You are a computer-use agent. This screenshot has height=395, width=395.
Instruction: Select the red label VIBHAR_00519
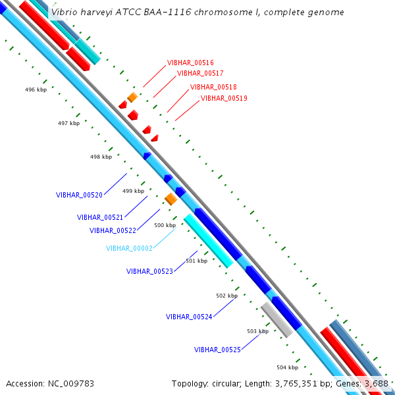point(224,98)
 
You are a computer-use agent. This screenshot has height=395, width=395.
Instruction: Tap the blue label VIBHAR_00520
point(79,195)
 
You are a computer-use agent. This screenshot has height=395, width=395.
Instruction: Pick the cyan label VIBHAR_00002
point(129,248)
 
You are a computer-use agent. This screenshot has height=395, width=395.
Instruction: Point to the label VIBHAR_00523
point(149,271)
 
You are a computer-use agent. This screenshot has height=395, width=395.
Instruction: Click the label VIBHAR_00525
point(217,350)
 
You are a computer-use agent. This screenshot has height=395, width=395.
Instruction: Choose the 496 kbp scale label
point(36,90)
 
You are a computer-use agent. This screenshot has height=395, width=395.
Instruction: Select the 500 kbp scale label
point(165,225)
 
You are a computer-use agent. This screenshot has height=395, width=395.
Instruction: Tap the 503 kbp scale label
point(257,331)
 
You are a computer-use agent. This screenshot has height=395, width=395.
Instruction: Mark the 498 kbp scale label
point(101,157)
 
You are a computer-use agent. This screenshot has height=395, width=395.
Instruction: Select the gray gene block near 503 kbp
point(276,319)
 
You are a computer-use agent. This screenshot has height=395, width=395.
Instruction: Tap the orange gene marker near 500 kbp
point(171,199)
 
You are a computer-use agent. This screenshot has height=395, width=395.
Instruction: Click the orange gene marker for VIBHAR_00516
point(132,97)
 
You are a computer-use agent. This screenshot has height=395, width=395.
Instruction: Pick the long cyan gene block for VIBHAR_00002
point(208,240)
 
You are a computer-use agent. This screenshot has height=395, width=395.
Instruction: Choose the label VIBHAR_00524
point(189,317)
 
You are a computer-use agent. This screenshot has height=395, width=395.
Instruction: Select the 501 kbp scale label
point(196,261)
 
